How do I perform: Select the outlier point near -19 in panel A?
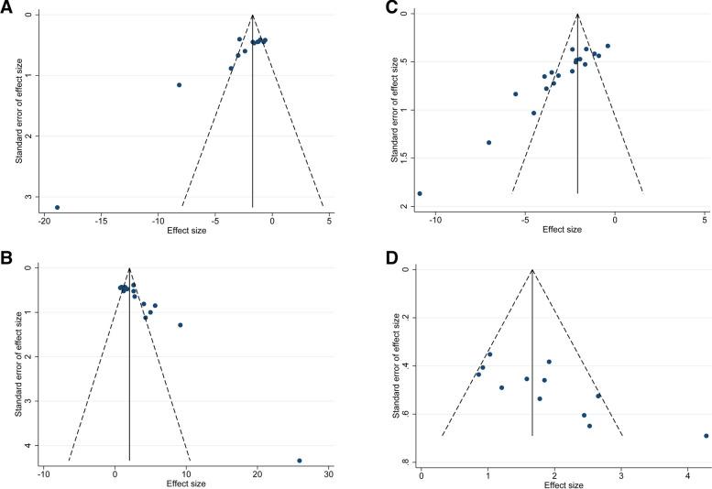(57, 207)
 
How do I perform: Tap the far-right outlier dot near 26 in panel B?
(300, 461)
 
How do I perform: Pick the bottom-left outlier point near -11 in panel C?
(420, 193)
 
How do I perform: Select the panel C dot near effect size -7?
(488, 142)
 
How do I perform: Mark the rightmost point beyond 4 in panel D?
(706, 436)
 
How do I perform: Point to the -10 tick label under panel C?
(436, 220)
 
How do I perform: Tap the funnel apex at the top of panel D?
(532, 270)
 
